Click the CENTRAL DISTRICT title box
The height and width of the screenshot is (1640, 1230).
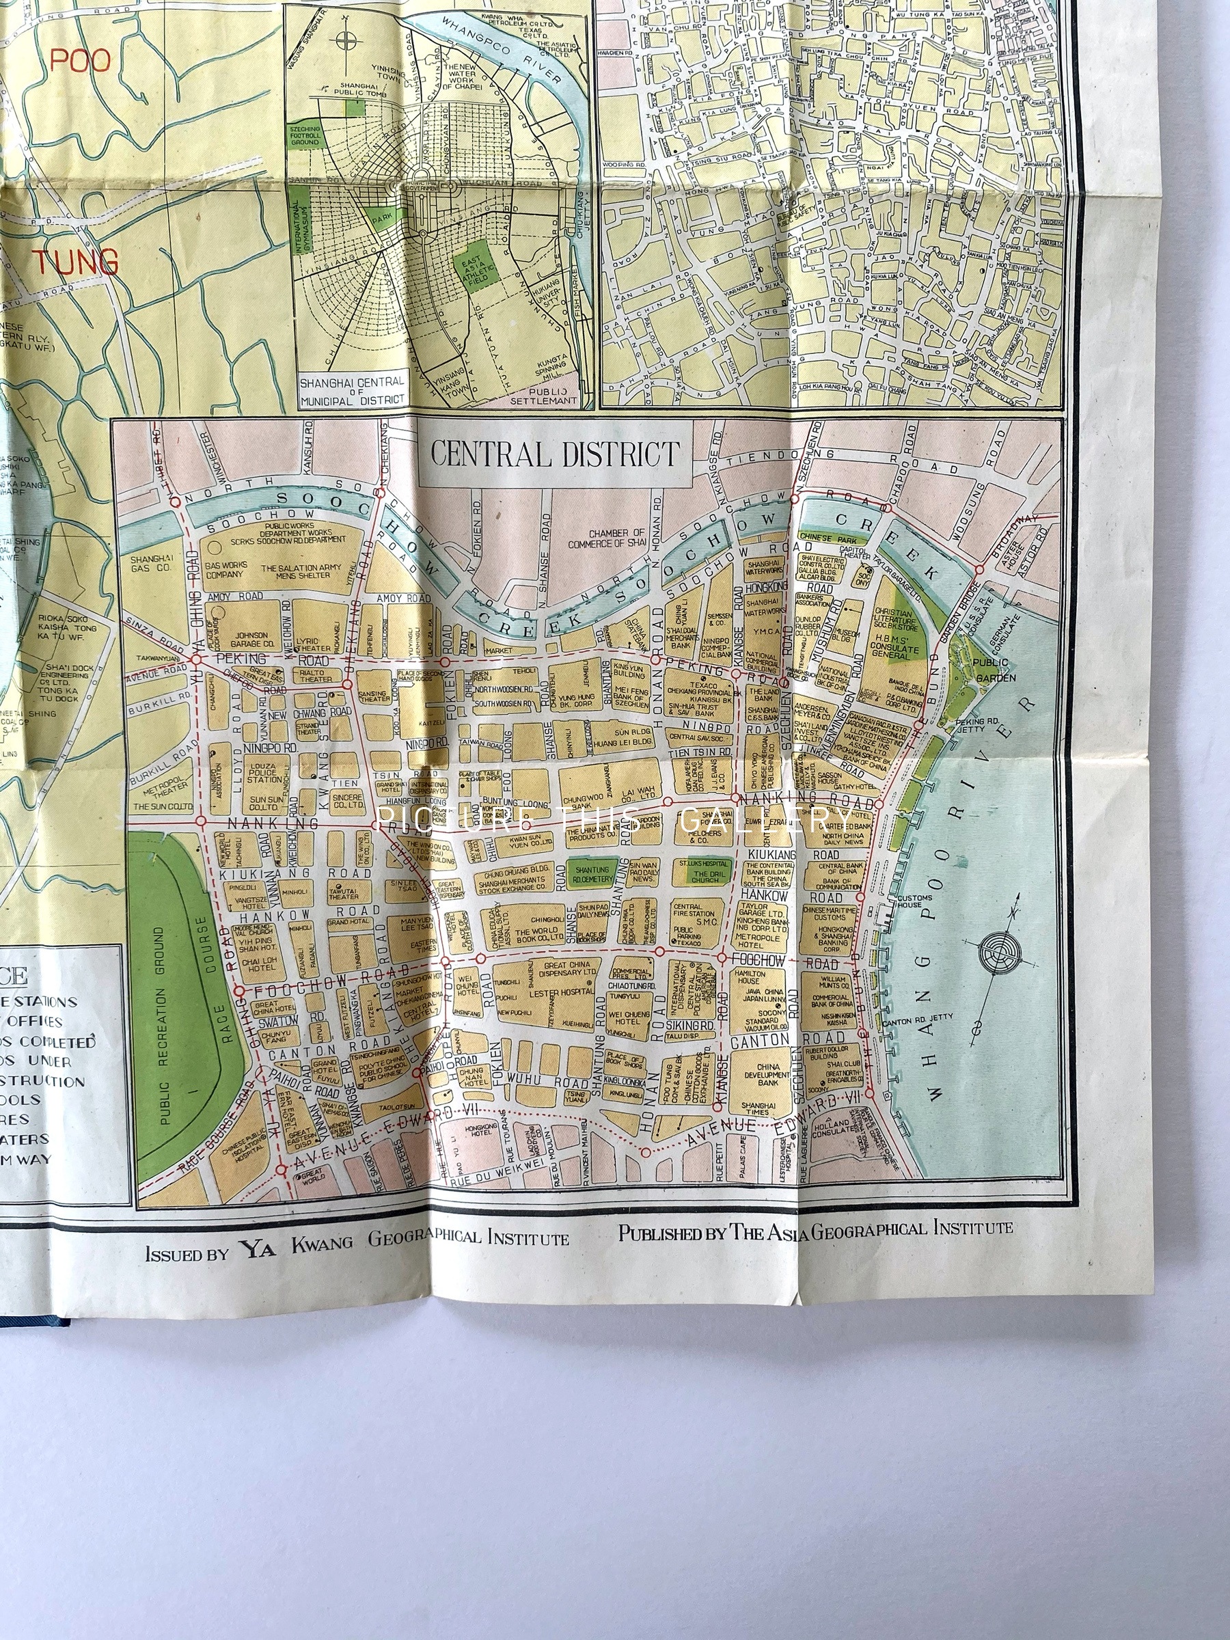(555, 454)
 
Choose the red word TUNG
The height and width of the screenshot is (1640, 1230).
(74, 262)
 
